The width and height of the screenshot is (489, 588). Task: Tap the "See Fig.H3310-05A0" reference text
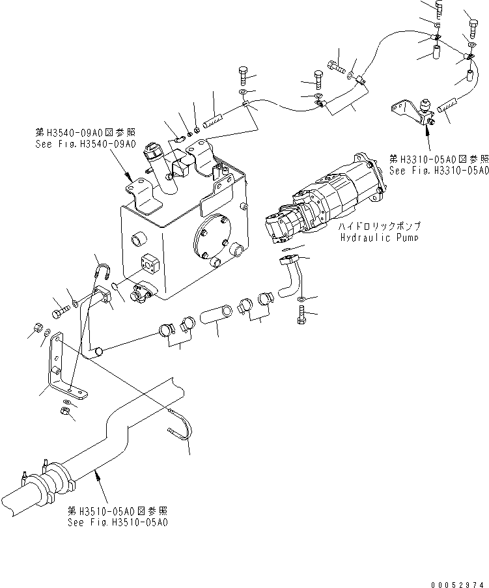tap(438, 171)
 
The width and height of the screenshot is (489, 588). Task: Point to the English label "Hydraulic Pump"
tap(378, 237)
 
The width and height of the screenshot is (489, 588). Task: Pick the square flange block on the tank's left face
tap(151, 264)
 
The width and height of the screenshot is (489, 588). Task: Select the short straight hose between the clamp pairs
tap(216, 315)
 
